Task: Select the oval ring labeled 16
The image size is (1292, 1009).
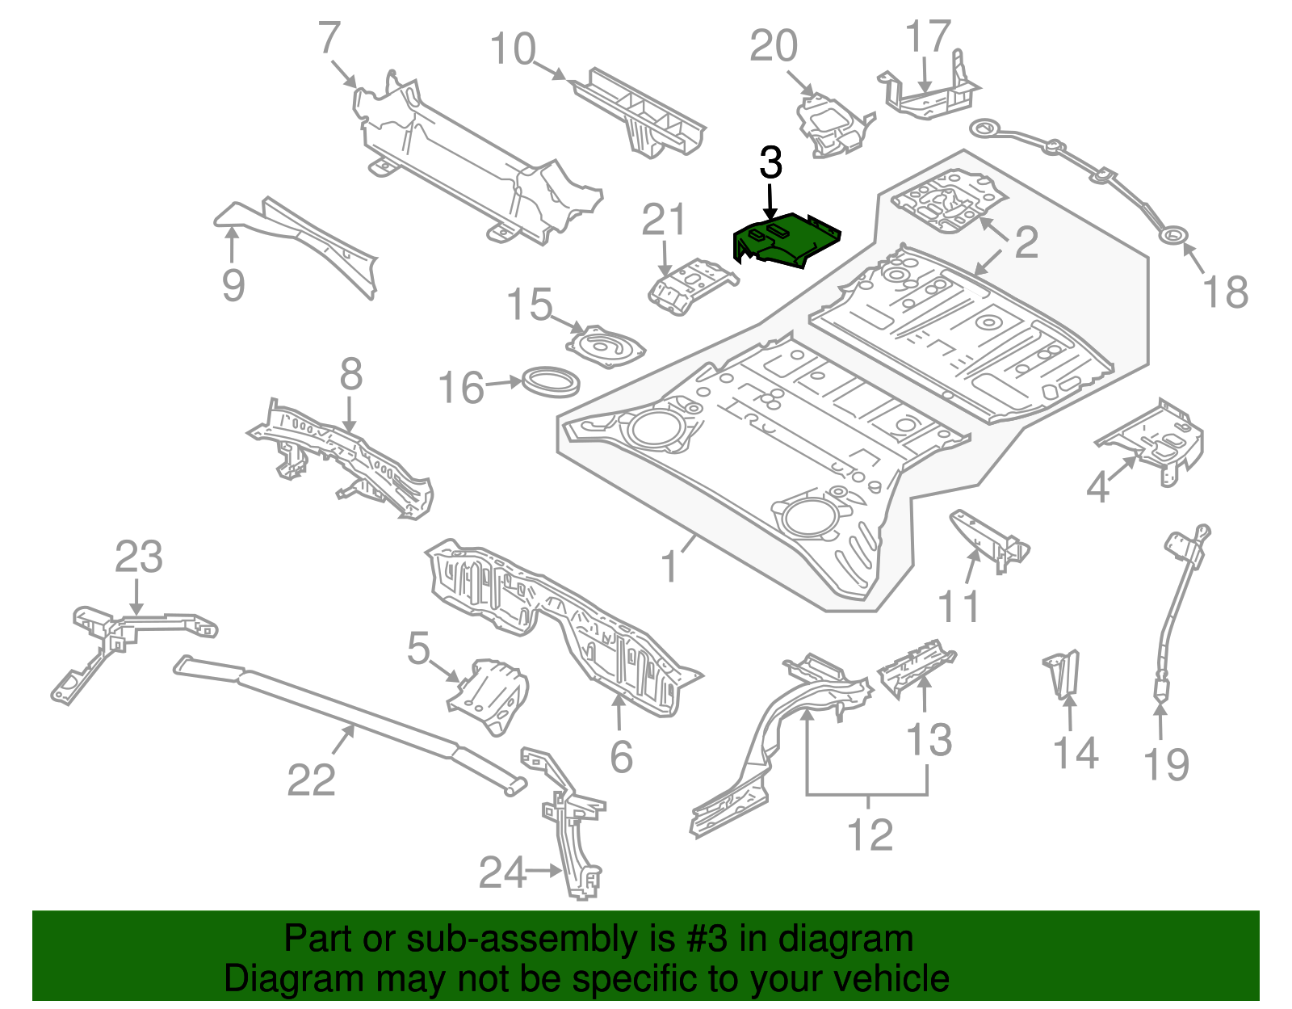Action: (552, 381)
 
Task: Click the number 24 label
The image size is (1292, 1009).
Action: (501, 872)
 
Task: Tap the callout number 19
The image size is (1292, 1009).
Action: (1166, 764)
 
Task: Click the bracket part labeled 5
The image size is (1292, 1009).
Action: (490, 695)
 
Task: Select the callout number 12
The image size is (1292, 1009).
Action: (870, 835)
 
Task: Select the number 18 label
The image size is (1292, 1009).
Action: (1225, 292)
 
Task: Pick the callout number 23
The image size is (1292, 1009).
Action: (138, 557)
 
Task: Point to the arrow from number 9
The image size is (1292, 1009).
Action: (233, 242)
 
